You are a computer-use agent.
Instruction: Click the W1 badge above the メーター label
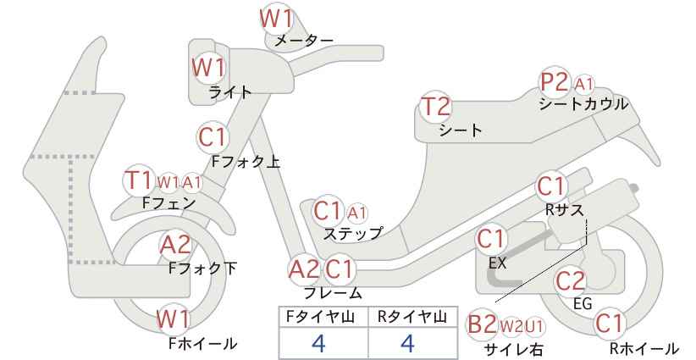pyautogui.click(x=276, y=19)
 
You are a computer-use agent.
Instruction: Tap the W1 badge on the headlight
pyautogui.click(x=208, y=68)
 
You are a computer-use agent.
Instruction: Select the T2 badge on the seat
pyautogui.click(x=436, y=107)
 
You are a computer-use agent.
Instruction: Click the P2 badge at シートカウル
pyautogui.click(x=555, y=82)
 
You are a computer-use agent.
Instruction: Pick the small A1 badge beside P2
pyautogui.click(x=583, y=84)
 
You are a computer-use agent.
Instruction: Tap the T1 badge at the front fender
pyautogui.click(x=139, y=180)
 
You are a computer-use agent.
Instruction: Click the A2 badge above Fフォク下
pyautogui.click(x=175, y=245)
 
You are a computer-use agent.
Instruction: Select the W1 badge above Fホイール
pyautogui.click(x=174, y=319)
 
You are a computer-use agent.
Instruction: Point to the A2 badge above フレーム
pyautogui.click(x=304, y=269)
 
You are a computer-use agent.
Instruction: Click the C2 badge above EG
pyautogui.click(x=570, y=281)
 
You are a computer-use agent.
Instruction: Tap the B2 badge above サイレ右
pyautogui.click(x=482, y=324)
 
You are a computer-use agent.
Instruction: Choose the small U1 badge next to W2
pyautogui.click(x=534, y=327)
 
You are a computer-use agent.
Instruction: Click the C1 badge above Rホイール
pyautogui.click(x=609, y=324)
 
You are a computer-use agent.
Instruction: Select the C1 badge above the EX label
pyautogui.click(x=491, y=240)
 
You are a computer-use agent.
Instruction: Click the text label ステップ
pyautogui.click(x=353, y=234)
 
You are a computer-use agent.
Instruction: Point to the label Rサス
pyautogui.click(x=564, y=210)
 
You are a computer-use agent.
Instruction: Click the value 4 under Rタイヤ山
pyautogui.click(x=407, y=343)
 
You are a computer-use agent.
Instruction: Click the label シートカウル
pyautogui.click(x=583, y=104)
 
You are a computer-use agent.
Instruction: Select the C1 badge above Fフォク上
pyautogui.click(x=213, y=137)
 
